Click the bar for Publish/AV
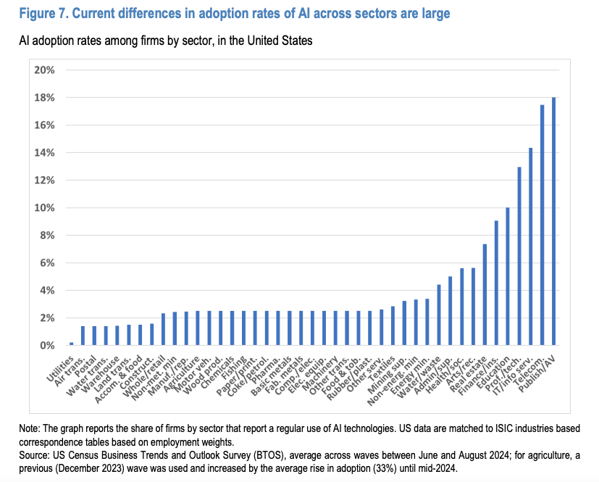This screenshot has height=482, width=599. coord(554,221)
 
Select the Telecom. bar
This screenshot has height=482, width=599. coord(543,225)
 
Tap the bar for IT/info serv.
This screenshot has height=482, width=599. coord(531,246)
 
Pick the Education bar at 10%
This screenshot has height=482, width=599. coord(508,276)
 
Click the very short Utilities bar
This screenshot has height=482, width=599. coord(71,344)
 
